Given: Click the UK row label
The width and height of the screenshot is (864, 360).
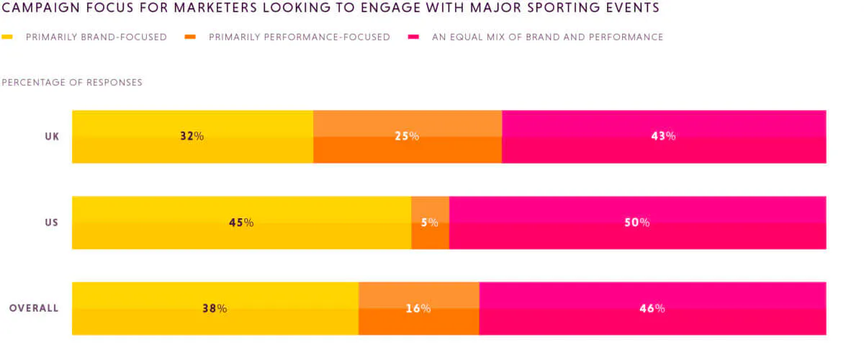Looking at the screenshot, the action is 52,137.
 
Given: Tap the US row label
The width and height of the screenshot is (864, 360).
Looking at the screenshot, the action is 52,222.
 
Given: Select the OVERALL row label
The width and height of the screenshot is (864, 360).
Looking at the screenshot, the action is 34,308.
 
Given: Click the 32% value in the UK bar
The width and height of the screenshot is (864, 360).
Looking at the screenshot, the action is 192,136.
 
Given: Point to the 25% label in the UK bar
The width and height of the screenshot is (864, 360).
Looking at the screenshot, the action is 407,136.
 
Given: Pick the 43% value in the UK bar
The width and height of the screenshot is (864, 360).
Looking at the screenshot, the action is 663,136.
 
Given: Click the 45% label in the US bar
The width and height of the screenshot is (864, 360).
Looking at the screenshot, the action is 241,222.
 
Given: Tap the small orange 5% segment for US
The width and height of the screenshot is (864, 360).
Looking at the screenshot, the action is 430,222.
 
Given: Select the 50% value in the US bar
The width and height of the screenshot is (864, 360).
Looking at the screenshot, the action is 636,222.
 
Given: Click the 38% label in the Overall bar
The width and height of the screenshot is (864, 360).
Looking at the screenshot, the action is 215,308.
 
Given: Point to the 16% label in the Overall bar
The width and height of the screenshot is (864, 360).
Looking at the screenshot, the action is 418,308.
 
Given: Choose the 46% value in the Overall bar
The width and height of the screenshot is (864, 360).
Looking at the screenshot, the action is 652,308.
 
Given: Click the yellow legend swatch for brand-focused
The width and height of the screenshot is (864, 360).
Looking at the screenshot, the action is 7,37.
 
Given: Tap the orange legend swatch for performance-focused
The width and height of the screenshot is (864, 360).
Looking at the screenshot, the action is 190,37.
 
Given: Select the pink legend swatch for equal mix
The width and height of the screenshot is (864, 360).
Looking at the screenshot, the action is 413,37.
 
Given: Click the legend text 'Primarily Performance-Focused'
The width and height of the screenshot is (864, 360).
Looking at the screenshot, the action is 300,37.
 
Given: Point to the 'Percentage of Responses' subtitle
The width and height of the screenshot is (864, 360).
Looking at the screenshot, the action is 72,83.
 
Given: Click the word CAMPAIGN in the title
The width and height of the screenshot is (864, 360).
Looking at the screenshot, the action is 40,7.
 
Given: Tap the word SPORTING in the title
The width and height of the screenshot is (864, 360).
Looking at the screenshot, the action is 562,7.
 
